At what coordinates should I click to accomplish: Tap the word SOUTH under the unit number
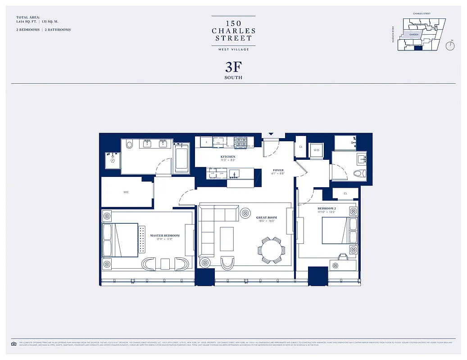click(x=233, y=78)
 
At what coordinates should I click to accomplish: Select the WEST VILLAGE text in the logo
click(x=233, y=49)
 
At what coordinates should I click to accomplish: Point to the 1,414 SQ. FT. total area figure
click(x=27, y=22)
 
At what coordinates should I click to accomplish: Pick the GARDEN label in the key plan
click(x=414, y=34)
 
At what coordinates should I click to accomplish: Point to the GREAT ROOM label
click(x=266, y=218)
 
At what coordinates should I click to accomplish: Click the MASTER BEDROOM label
click(x=164, y=236)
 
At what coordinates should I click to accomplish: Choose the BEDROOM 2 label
click(x=326, y=209)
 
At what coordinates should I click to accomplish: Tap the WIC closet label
click(x=126, y=192)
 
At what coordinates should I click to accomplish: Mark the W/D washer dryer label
click(x=316, y=150)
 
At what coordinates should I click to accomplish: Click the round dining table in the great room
click(x=272, y=250)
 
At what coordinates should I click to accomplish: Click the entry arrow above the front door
click(x=271, y=134)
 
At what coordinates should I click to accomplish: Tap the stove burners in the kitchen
click(x=240, y=142)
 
